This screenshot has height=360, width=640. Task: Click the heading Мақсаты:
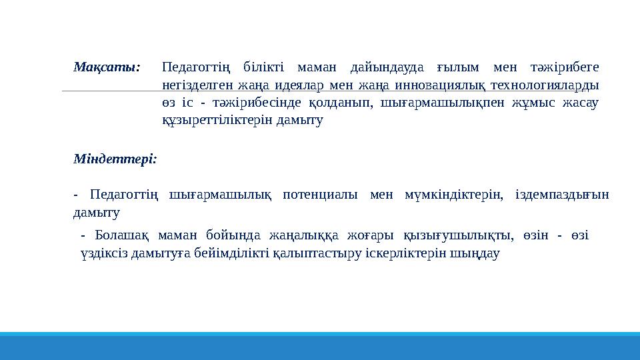[107, 67]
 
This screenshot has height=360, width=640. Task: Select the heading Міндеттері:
[115, 159]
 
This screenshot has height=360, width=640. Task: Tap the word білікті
[263, 67]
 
